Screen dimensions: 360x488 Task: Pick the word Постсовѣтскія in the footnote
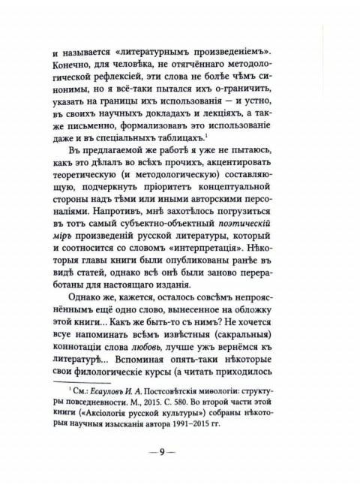(x=214, y=389)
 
